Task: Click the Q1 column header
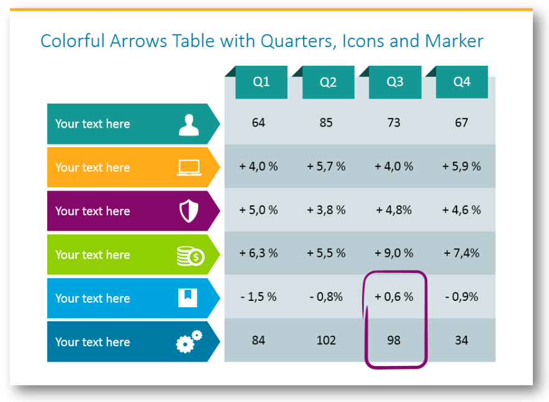click(x=261, y=82)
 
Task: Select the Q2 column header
click(x=328, y=82)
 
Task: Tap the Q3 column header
click(x=395, y=82)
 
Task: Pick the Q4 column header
click(x=462, y=82)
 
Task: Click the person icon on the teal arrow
click(x=189, y=125)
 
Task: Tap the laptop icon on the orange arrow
click(x=189, y=167)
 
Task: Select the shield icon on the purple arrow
click(x=189, y=211)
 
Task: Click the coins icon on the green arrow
click(x=191, y=256)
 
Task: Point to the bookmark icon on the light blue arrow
click(x=188, y=298)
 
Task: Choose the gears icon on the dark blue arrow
click(x=189, y=341)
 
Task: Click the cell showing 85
click(x=326, y=123)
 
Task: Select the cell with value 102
click(x=326, y=341)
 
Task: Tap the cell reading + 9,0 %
click(x=394, y=253)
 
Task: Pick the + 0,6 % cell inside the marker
click(x=394, y=297)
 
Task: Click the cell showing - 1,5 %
click(x=258, y=297)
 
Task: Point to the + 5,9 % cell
click(x=461, y=166)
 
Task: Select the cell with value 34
click(x=461, y=341)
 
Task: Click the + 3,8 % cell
click(x=326, y=210)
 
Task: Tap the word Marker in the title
click(x=454, y=41)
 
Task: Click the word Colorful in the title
click(x=73, y=41)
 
